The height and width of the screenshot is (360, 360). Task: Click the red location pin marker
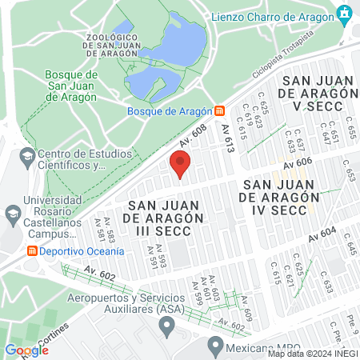click(x=180, y=166)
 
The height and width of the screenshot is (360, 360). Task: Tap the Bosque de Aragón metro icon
click(x=219, y=112)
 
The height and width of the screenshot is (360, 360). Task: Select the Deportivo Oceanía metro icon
click(x=33, y=250)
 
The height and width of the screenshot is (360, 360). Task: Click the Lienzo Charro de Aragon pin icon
click(x=346, y=14)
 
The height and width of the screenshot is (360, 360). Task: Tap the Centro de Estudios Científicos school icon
click(x=28, y=155)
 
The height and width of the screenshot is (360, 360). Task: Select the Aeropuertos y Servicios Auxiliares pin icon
click(x=166, y=326)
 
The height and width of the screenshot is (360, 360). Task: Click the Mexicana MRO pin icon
click(x=214, y=346)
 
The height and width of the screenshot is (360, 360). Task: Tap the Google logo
click(x=26, y=350)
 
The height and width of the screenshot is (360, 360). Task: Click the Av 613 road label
click(x=230, y=138)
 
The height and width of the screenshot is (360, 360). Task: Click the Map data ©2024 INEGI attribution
click(x=313, y=354)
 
